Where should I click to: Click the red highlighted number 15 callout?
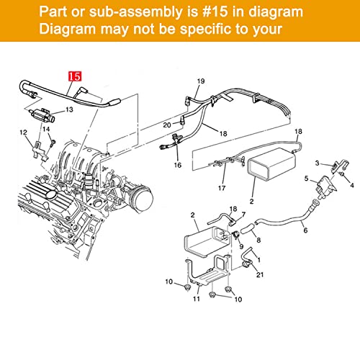[75, 76]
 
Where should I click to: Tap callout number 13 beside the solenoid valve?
[69, 109]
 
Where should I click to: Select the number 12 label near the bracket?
[23, 132]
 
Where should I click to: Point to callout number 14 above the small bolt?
[46, 130]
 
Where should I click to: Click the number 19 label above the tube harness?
[201, 81]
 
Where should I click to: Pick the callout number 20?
[167, 125]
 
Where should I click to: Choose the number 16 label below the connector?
[178, 165]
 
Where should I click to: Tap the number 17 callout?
[222, 188]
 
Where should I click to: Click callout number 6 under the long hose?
[305, 230]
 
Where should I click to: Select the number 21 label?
[260, 274]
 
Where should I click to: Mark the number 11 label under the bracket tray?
[197, 299]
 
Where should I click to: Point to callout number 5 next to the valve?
[306, 179]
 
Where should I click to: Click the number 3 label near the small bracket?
[317, 163]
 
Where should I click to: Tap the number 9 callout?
[241, 246]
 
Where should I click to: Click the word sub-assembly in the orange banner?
[135, 12]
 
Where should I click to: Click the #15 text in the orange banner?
[215, 12]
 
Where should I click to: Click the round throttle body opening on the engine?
[143, 198]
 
